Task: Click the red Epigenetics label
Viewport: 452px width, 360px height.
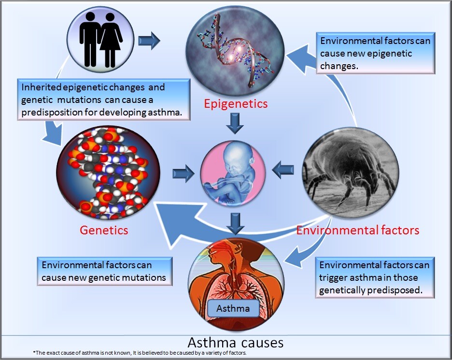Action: tap(236, 104)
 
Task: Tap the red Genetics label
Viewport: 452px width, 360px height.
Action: tap(104, 230)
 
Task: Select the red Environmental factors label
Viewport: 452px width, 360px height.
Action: tap(358, 230)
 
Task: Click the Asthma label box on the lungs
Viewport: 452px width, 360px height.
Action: tap(233, 308)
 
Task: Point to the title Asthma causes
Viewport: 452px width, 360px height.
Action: tap(236, 343)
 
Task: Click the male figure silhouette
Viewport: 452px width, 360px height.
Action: tap(90, 40)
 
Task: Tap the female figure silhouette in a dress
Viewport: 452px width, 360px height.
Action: tap(111, 40)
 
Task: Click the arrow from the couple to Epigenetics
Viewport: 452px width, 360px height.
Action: tap(149, 41)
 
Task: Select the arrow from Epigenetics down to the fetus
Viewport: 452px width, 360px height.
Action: tap(235, 123)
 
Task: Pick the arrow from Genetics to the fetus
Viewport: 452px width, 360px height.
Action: tap(184, 173)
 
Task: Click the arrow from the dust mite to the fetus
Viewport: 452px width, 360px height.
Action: tap(283, 170)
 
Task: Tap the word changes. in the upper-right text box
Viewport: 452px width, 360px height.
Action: tap(339, 66)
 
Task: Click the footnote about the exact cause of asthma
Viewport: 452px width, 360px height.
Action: tap(140, 353)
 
